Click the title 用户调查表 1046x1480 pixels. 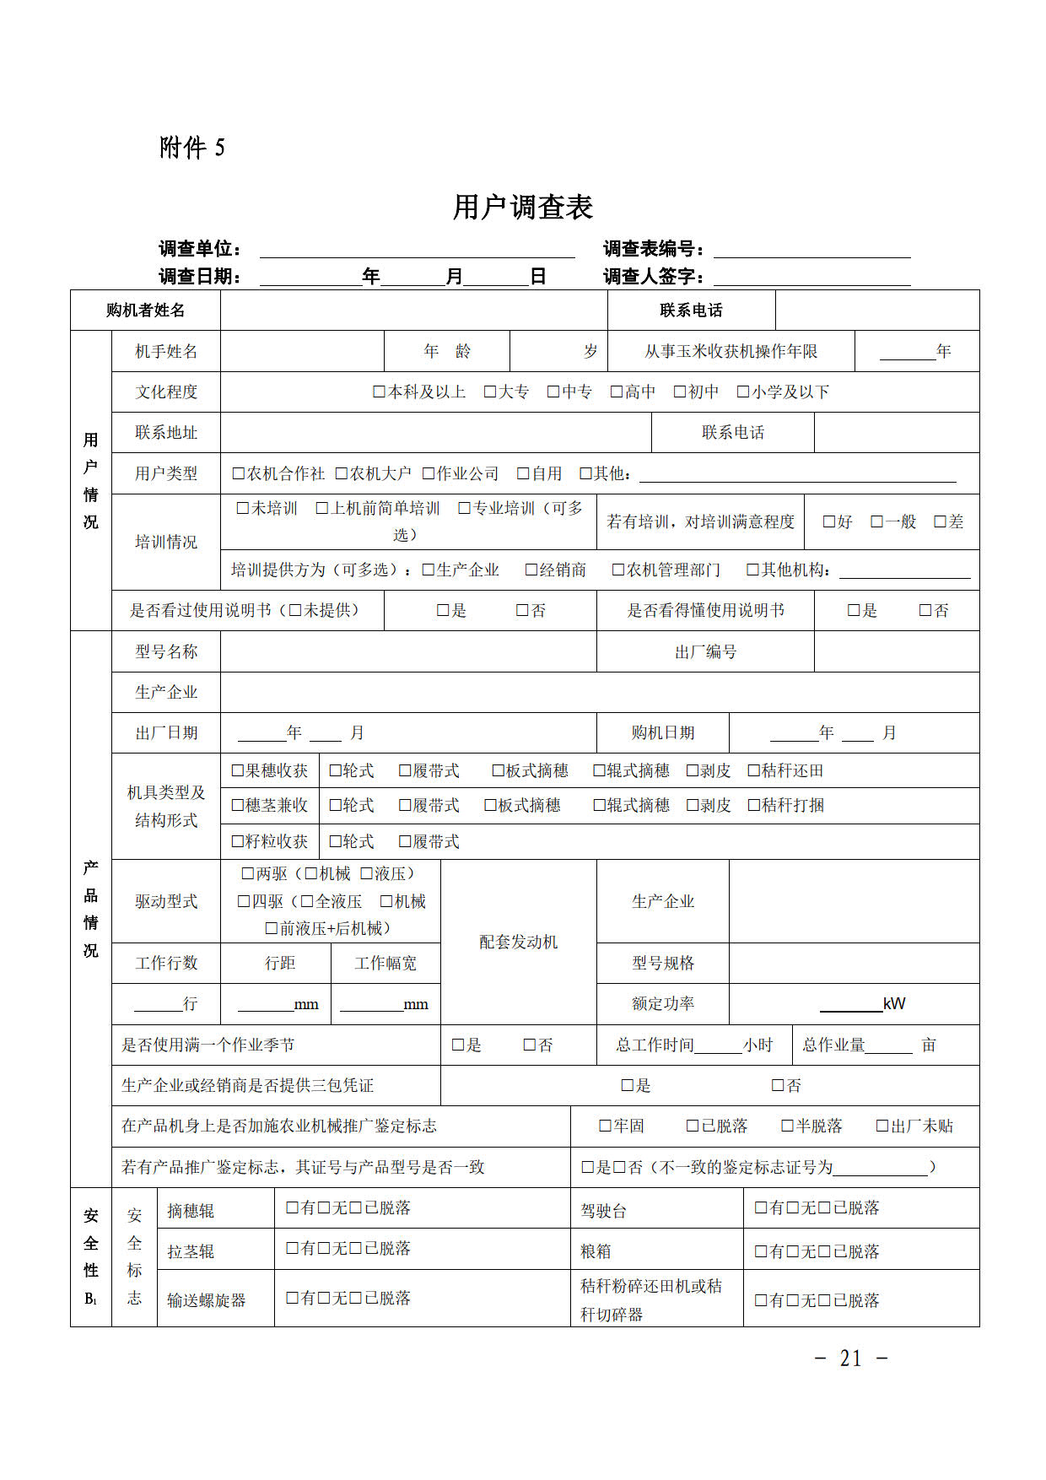523,207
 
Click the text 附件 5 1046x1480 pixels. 192,148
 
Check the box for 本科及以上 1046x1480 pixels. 380,392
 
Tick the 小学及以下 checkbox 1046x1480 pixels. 743,392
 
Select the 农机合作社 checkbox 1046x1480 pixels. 239,473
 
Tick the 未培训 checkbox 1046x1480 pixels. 244,508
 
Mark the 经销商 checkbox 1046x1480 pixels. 531,570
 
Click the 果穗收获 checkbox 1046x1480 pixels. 238,770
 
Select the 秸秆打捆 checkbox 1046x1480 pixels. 754,805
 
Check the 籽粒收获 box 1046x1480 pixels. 238,841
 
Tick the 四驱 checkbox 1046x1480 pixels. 245,901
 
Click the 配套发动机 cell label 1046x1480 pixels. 518,942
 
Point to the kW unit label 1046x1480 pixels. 894,1003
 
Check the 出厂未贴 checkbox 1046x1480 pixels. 882,1126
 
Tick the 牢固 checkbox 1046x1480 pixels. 605,1126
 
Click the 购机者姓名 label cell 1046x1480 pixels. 145,310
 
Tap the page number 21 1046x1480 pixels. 851,1358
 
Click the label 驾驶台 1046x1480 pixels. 604,1211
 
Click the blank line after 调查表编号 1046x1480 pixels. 811,250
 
